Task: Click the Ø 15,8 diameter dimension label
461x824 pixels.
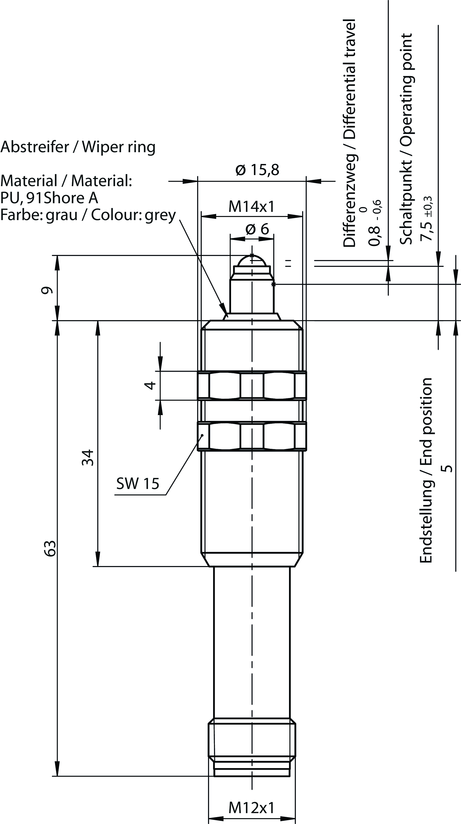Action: (x=257, y=170)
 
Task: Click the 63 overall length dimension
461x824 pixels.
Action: (x=50, y=549)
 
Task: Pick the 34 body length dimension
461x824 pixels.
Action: (x=88, y=458)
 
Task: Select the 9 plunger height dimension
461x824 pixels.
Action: (x=47, y=290)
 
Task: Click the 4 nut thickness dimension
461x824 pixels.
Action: (x=150, y=385)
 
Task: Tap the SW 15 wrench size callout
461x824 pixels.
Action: (x=138, y=483)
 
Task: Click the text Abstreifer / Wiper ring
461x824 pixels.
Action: (x=78, y=147)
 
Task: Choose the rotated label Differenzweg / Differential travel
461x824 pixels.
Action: (x=350, y=133)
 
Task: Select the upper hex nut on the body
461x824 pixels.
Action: (x=252, y=385)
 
